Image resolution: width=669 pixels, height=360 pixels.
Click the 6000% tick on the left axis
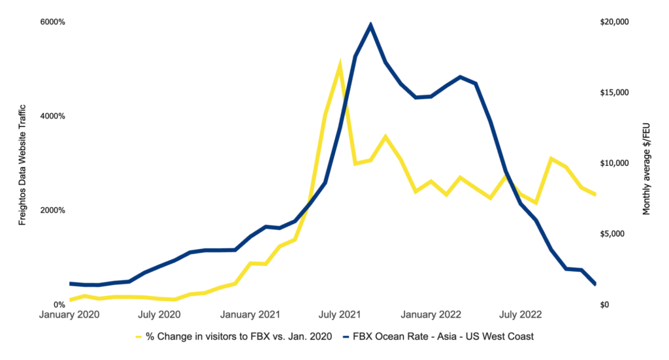coord(53,22)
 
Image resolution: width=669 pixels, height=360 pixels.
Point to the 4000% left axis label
coord(53,116)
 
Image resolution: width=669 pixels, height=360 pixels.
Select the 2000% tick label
coord(53,210)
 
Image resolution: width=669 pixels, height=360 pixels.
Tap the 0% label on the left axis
coord(59,305)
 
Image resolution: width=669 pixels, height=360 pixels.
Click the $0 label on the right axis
coord(604,305)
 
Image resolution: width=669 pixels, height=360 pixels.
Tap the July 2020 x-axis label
coord(160,315)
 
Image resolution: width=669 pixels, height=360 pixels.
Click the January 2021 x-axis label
coord(250,315)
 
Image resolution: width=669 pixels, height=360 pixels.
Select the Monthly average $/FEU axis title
coord(647,163)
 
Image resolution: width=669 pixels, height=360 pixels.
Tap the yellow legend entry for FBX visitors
coord(239,336)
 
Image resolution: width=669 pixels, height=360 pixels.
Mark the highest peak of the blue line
coord(370,25)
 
